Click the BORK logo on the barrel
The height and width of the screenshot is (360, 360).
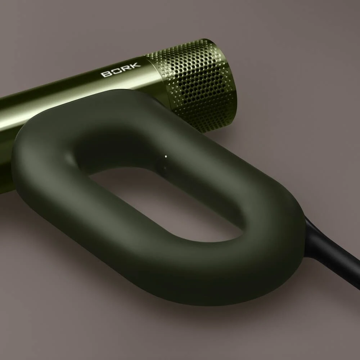tap(121, 70)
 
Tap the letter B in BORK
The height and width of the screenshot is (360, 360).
tap(106, 74)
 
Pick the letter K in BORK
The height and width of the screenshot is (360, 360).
tap(135, 66)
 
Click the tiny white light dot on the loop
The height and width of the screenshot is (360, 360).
tap(166, 157)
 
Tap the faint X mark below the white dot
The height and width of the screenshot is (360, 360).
tap(165, 168)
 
